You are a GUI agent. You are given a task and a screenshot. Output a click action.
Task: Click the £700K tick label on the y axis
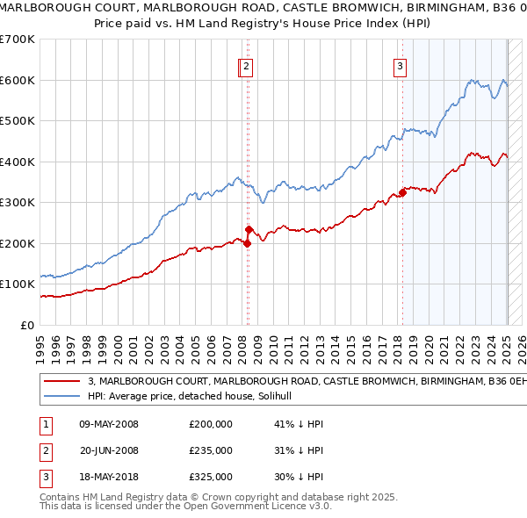(18, 40)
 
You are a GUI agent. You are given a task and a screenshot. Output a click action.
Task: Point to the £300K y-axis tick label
(18, 203)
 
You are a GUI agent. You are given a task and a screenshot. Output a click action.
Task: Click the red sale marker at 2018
(402, 192)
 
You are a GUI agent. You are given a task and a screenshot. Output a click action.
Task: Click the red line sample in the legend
(62, 382)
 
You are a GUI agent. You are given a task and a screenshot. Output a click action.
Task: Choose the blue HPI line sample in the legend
(62, 397)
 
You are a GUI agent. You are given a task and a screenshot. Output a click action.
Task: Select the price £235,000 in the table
(211, 450)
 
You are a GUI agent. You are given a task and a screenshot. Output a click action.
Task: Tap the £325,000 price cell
(211, 477)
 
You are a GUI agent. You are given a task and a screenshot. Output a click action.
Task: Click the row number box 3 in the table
(44, 477)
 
